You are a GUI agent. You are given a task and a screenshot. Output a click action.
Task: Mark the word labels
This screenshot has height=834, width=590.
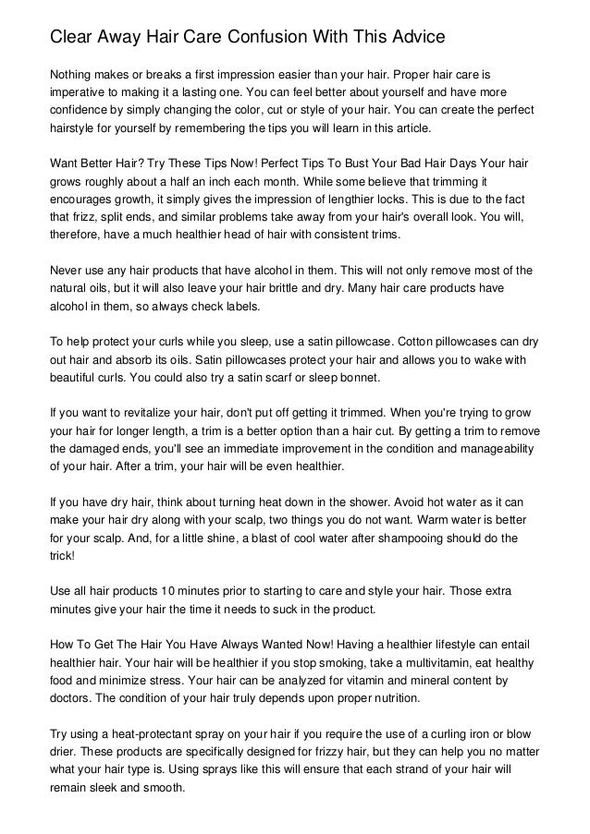coord(242,308)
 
